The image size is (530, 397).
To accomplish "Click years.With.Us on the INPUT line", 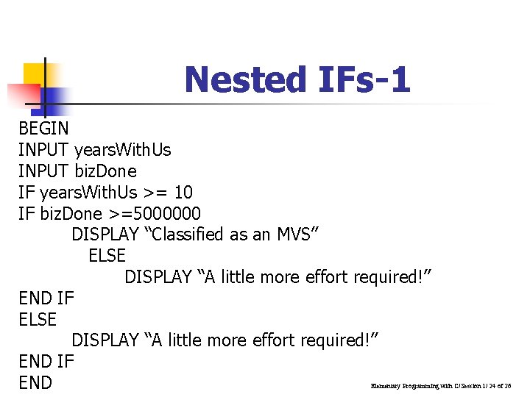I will pos(123,150).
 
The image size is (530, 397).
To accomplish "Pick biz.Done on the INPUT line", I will pos(106,171).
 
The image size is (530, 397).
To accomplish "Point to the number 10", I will pos(183,193).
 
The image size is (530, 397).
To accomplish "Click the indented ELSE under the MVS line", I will pos(107,256).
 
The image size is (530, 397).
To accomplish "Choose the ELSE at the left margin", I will pos(38,319).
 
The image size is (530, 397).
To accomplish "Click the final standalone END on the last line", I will pos(35,382).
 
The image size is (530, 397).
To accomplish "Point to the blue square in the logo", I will pos(55,98).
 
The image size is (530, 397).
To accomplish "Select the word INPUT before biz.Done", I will pos(44,171).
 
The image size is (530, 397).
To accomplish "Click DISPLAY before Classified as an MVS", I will pos(105,235).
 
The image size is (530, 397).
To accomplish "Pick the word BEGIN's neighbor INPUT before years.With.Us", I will pos(44,150).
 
